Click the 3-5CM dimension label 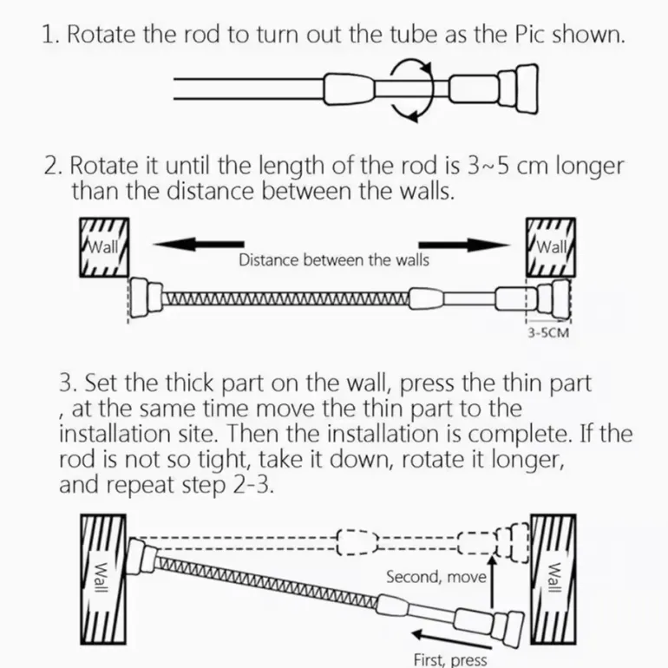coord(548,333)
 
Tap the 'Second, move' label coord(436,577)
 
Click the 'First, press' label coord(450,659)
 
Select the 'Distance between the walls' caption coord(334,260)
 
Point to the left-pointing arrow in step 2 coord(199,244)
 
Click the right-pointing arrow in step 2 coord(464,245)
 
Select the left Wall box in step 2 coord(104,247)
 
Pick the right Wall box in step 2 coord(551,247)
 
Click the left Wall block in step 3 coord(103,580)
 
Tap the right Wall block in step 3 coord(553,580)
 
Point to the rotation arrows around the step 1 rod coord(411,89)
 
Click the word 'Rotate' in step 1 coord(101,34)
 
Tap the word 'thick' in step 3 coord(189,383)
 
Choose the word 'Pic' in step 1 coord(529,34)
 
